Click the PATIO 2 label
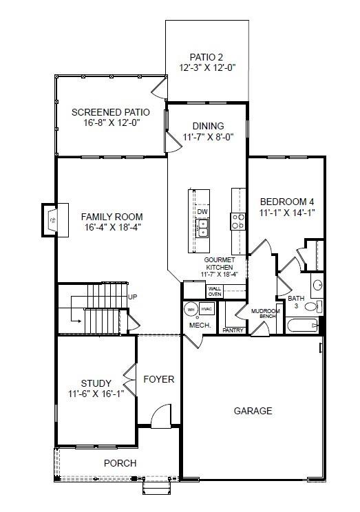[207, 57]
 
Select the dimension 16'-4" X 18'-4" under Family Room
[114, 227]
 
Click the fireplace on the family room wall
[54, 220]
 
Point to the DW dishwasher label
[202, 212]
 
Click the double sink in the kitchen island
[202, 228]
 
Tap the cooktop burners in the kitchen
[237, 220]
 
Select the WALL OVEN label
[215, 291]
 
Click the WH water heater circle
[191, 310]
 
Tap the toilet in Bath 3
[311, 307]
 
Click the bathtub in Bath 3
[301, 326]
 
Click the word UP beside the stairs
[134, 297]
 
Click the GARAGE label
[253, 411]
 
